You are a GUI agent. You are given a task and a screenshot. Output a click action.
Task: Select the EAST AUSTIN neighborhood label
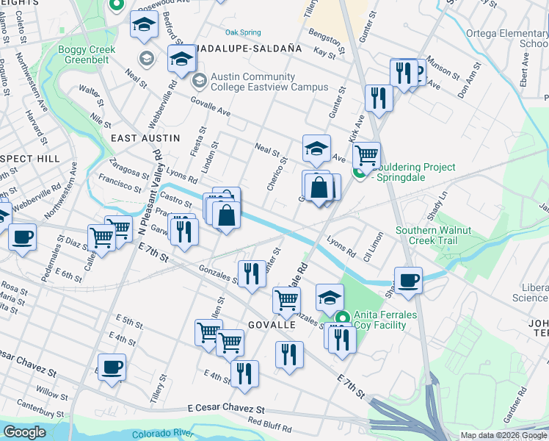point(145,138)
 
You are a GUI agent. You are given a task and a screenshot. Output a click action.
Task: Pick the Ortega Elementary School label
point(508,38)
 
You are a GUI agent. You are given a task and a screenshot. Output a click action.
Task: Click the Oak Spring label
point(243,32)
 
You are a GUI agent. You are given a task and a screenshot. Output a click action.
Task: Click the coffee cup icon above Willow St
point(112,366)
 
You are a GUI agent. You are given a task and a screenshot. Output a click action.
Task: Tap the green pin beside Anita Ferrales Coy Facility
point(341,318)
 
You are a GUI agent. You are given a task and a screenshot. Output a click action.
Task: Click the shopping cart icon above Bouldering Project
point(366,155)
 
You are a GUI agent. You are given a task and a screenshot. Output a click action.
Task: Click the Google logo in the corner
point(24,432)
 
